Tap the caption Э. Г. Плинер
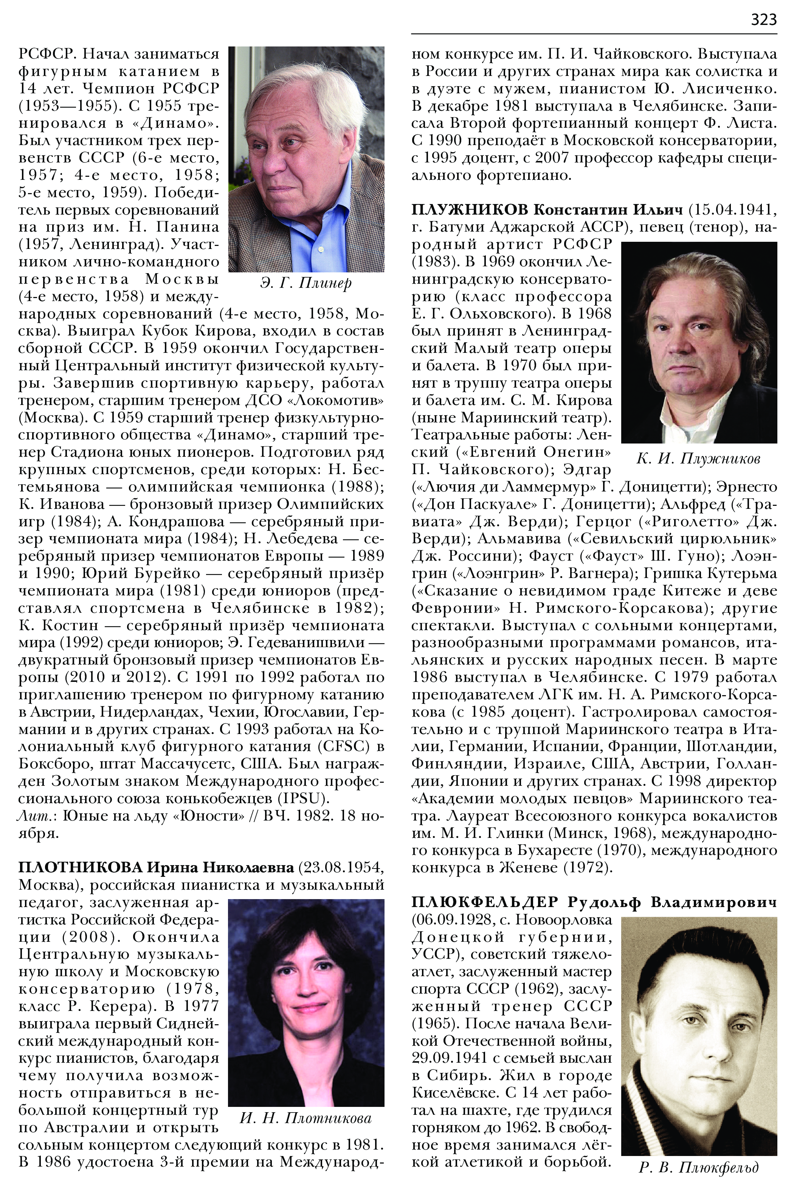(x=306, y=282)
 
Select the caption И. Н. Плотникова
(x=306, y=1117)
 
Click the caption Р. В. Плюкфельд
(x=698, y=1167)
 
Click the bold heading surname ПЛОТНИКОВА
(x=81, y=867)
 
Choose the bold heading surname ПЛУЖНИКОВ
(x=470, y=209)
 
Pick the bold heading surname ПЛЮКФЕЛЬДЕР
(x=485, y=902)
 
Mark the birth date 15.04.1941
(x=733, y=209)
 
